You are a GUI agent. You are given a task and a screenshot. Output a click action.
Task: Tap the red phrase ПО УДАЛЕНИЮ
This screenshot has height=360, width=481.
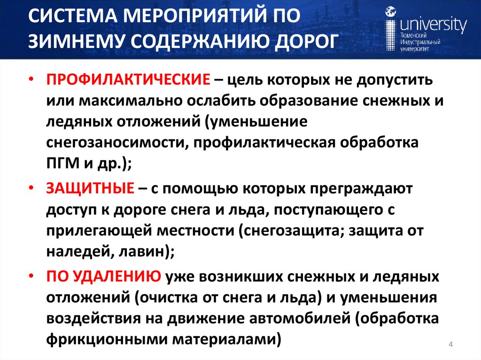pos(103,277)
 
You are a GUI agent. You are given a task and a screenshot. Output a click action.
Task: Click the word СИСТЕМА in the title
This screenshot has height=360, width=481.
pos(79,18)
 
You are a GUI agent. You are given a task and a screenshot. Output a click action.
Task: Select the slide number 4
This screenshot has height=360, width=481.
pos(450,345)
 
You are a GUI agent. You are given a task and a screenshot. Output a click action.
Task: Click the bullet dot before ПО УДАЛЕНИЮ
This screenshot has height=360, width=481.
pos(31,276)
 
